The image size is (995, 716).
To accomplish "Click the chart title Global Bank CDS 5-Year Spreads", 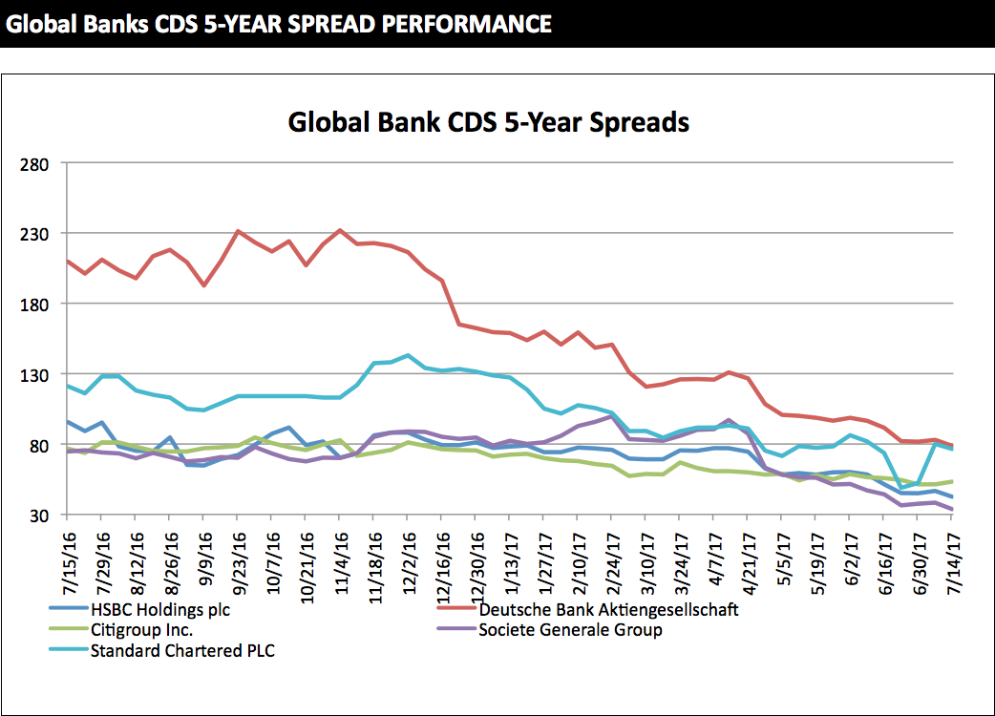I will click(488, 123).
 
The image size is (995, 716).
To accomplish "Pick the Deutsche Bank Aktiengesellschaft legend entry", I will click(608, 608).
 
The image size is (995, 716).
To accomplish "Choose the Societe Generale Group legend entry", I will click(570, 630).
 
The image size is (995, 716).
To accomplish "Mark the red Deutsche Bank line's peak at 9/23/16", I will click(238, 231).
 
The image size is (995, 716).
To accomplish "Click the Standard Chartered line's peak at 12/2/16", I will click(408, 355).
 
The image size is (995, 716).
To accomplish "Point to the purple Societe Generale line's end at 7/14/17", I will click(952, 510).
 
